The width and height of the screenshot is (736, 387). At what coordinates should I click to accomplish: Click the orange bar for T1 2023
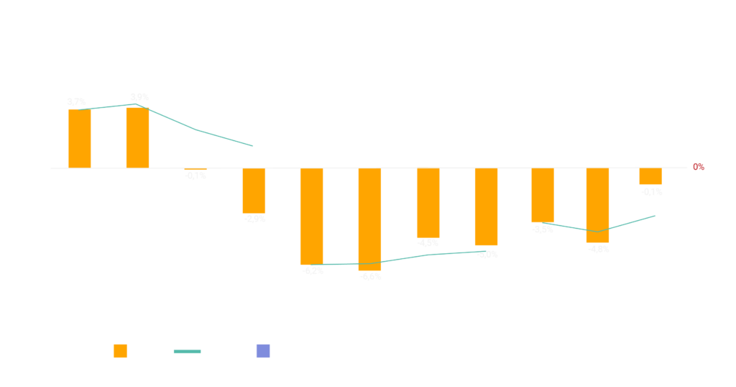[80, 138]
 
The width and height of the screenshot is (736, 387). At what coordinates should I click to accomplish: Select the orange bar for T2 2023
[137, 137]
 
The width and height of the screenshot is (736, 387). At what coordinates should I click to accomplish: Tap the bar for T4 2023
[254, 191]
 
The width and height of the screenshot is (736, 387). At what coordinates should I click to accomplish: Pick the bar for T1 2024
[311, 217]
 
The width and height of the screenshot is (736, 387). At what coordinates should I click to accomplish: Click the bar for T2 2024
[369, 219]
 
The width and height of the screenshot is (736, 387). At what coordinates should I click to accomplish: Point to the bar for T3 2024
[428, 203]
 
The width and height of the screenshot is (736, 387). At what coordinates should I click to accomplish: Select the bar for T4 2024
[486, 207]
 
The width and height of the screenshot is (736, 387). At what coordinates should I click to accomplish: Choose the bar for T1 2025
[543, 196]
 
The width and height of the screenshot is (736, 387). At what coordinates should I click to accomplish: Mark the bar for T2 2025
[597, 206]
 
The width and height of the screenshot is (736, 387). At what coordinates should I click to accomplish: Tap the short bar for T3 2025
[650, 177]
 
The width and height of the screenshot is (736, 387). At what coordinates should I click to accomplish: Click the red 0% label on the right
[699, 167]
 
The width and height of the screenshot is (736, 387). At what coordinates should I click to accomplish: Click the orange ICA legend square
[121, 351]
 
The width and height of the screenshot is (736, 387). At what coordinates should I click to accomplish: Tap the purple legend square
[263, 351]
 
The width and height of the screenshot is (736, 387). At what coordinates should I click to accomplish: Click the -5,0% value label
[486, 255]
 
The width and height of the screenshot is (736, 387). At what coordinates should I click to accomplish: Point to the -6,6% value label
[370, 276]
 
